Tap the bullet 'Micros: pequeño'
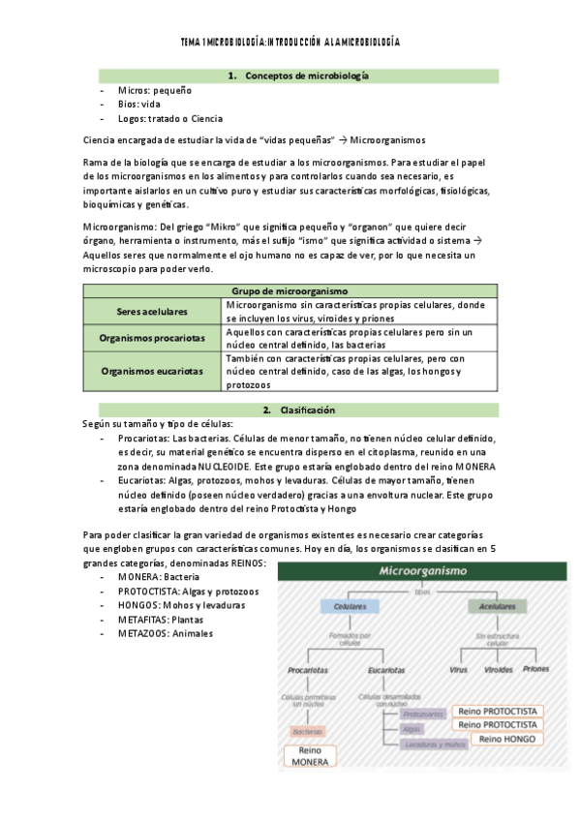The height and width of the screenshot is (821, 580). [154, 89]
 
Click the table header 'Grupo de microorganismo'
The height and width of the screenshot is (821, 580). [290, 290]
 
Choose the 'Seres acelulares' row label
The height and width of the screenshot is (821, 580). [150, 311]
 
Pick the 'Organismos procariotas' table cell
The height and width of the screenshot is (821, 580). [150, 338]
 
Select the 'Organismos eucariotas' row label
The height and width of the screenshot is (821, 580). [150, 371]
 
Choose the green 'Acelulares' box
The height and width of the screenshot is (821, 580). [492, 606]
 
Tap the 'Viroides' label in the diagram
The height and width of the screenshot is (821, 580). [499, 669]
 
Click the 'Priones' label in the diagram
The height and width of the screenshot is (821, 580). [536, 669]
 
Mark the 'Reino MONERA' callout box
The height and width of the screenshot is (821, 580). [310, 756]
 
